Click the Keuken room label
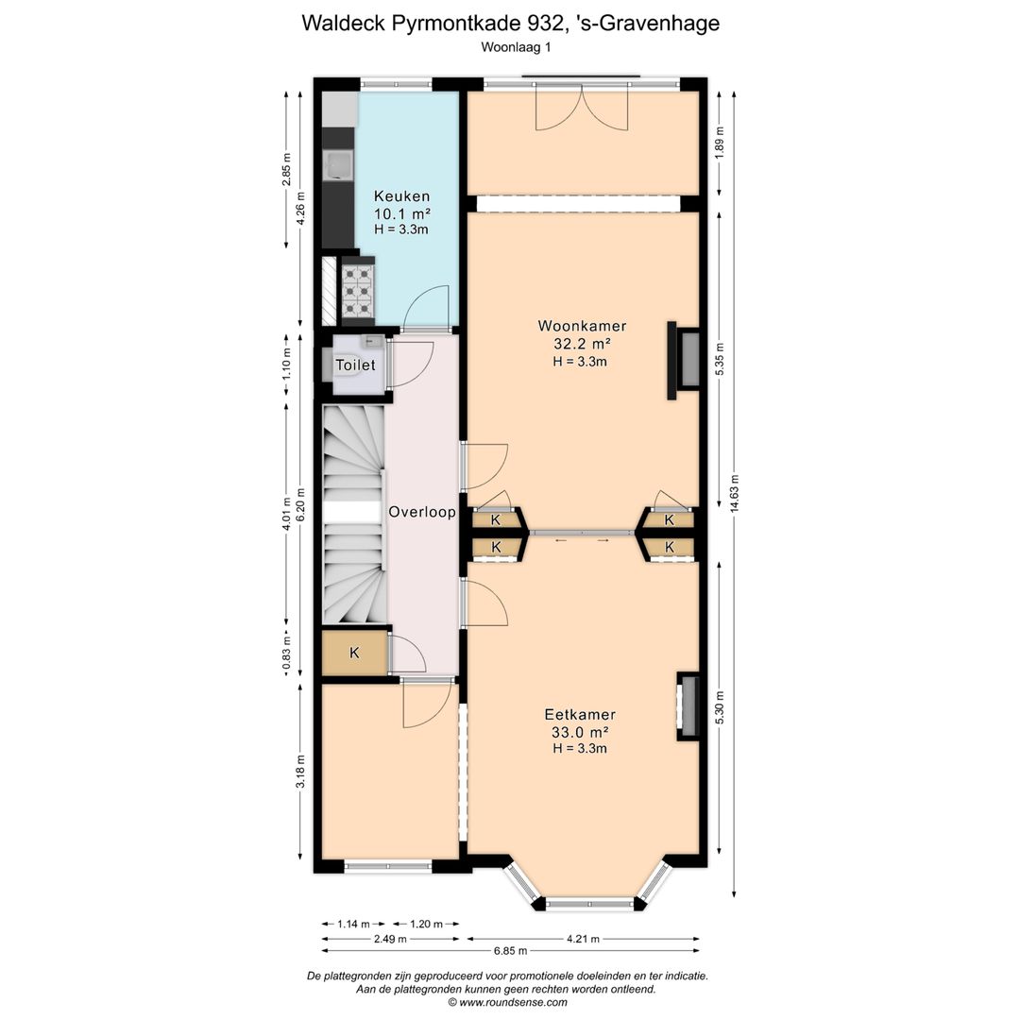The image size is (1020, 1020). pyautogui.click(x=401, y=195)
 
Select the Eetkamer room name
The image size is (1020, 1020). pyautogui.click(x=580, y=714)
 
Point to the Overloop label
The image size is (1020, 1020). pyautogui.click(x=421, y=512)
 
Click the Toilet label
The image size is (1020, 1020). pyautogui.click(x=355, y=365)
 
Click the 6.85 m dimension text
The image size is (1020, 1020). pyautogui.click(x=510, y=950)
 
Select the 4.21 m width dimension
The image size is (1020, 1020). pyautogui.click(x=583, y=939)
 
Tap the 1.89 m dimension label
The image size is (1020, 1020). pyautogui.click(x=720, y=141)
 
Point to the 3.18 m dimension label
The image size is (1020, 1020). pyautogui.click(x=300, y=772)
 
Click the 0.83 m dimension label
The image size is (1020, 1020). pyautogui.click(x=286, y=654)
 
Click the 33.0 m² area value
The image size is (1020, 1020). pyautogui.click(x=580, y=732)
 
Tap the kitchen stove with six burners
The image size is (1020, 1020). pyautogui.click(x=358, y=291)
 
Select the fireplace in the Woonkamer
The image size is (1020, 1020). pyautogui.click(x=683, y=361)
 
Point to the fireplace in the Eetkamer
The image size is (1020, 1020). pyautogui.click(x=688, y=705)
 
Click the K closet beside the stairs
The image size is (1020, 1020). pyautogui.click(x=354, y=653)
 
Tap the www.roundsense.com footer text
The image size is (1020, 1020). pyautogui.click(x=513, y=1002)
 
